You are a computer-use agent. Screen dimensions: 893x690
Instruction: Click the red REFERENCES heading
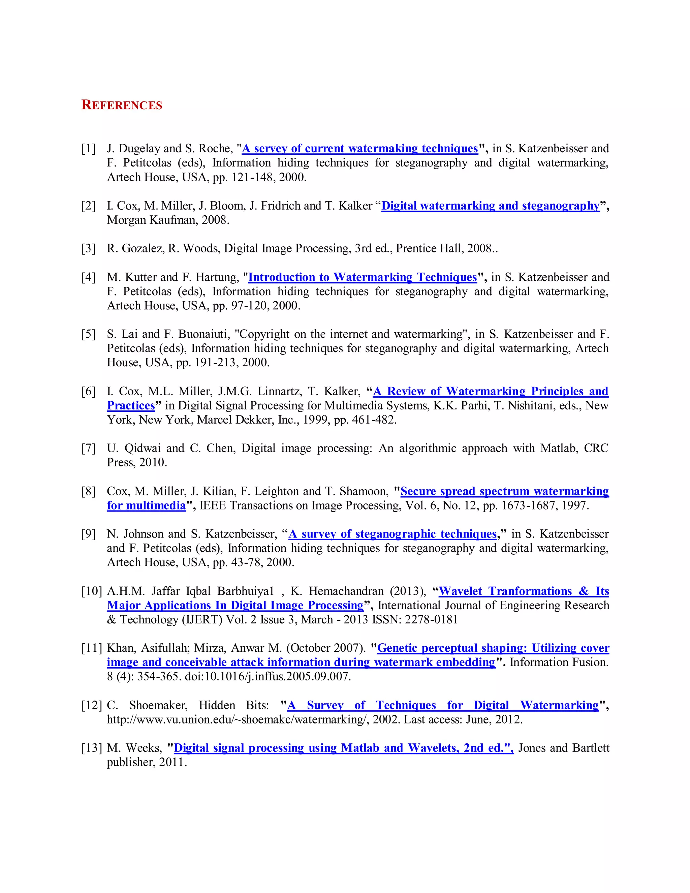[x=122, y=105]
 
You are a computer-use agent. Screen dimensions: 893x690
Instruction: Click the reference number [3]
[x=88, y=248]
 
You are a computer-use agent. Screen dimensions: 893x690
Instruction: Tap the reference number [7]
[x=88, y=448]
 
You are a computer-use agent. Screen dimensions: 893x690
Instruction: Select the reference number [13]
[x=91, y=748]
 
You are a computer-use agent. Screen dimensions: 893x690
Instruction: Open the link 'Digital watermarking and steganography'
[x=490, y=206]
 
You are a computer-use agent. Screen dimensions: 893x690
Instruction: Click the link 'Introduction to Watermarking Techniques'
[x=362, y=277]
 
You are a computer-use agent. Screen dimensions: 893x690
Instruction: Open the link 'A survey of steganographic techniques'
[x=393, y=534]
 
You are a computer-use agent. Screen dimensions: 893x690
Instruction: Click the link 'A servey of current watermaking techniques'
[x=360, y=148]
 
